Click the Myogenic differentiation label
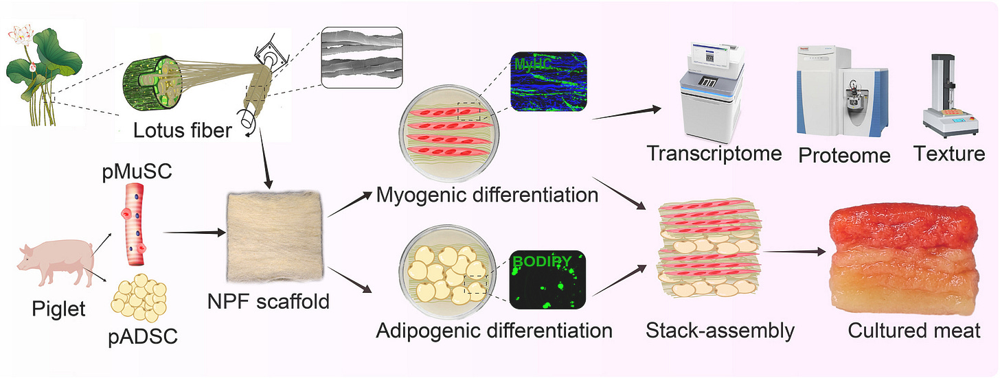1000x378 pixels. (x=487, y=194)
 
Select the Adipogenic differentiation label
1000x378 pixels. (x=494, y=331)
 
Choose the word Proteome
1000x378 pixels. (x=844, y=155)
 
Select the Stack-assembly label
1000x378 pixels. (x=720, y=331)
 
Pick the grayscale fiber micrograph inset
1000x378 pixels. (x=361, y=58)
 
